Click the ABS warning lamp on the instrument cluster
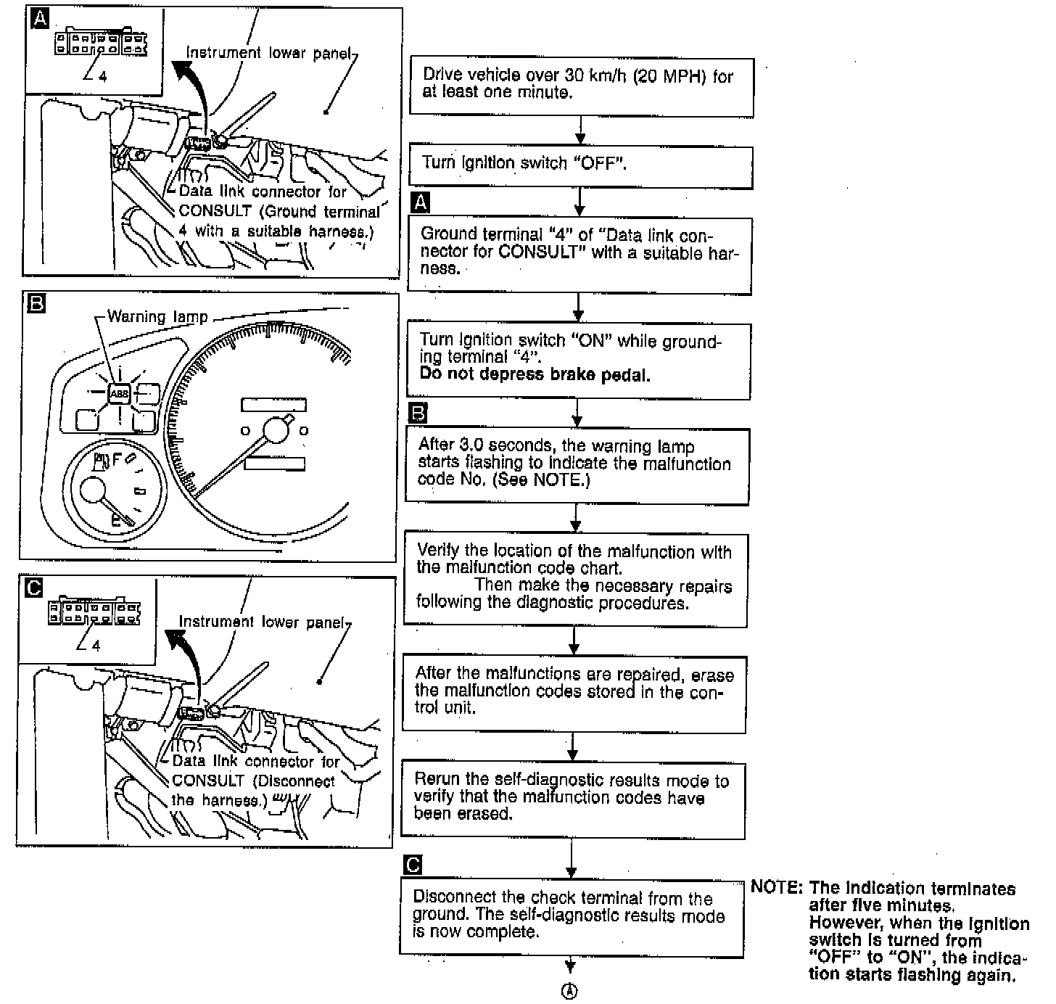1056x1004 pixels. pos(119,394)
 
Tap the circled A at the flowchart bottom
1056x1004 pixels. pos(571,992)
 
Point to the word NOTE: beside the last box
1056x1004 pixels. pos(776,888)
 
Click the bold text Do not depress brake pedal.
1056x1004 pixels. pos(535,374)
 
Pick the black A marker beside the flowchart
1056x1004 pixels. pos(419,203)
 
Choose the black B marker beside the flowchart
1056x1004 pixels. pos(418,413)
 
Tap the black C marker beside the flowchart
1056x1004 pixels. pos(411,865)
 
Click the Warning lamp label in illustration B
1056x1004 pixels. pos(157,317)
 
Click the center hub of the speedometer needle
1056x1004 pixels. pos(276,430)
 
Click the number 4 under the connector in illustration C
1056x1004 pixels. pos(96,646)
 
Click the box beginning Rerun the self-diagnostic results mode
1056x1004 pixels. pos(573,797)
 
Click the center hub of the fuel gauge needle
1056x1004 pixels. pos(94,492)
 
